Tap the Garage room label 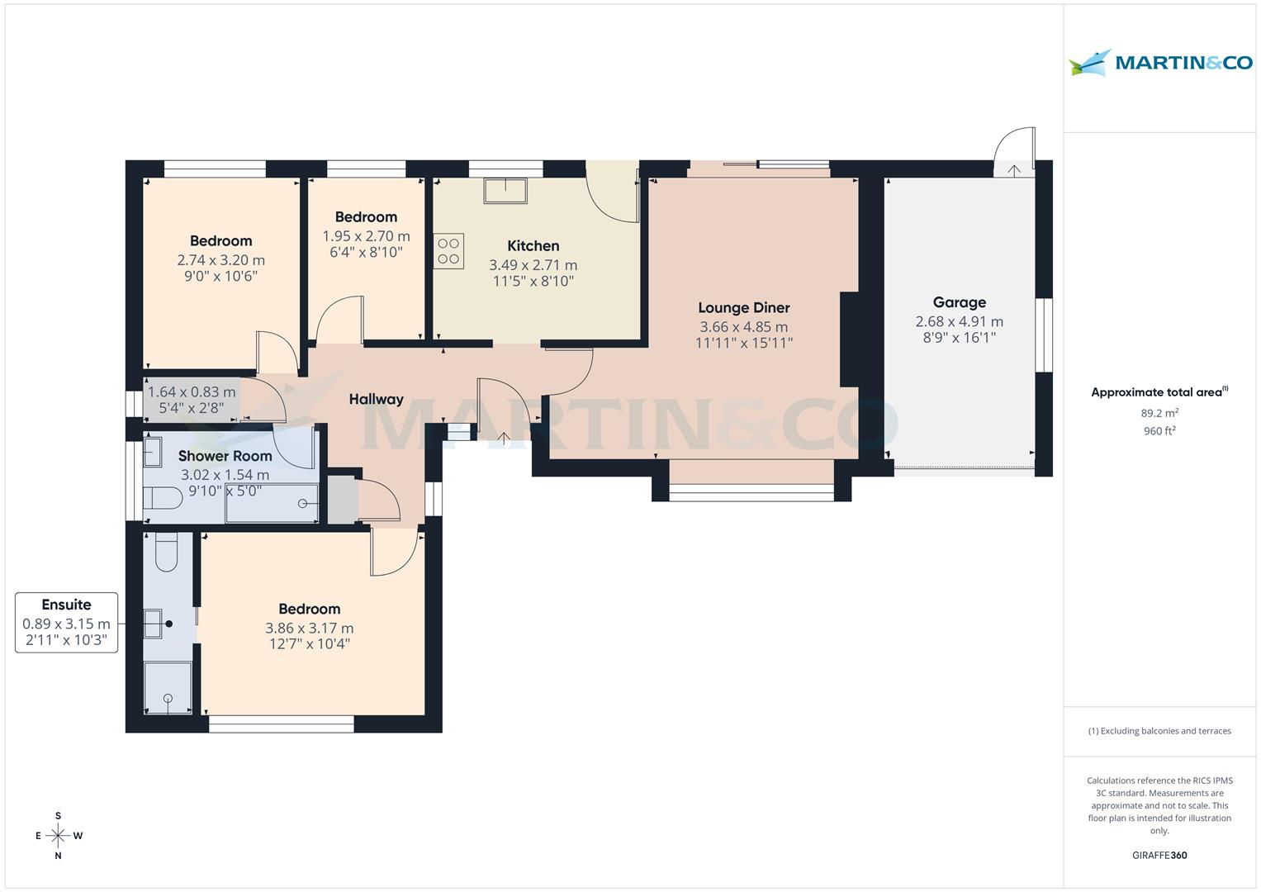959,302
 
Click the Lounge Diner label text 743,307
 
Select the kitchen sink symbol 505,190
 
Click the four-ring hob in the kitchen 448,251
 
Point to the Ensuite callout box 66,623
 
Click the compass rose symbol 58,835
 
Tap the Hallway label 376,399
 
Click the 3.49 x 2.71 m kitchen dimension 533,265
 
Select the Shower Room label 225,456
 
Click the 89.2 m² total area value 1159,413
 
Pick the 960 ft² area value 1159,430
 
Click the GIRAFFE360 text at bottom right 1159,855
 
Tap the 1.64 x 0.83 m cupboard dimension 192,392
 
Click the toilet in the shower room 162,499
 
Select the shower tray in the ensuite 168,687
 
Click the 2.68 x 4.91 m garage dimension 959,321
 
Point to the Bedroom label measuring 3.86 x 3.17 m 309,609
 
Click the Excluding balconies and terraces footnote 1159,731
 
